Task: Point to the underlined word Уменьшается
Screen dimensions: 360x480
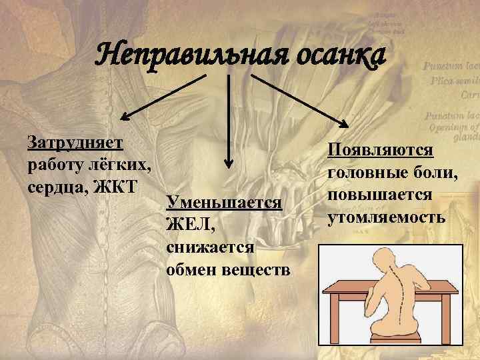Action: tap(225, 201)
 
